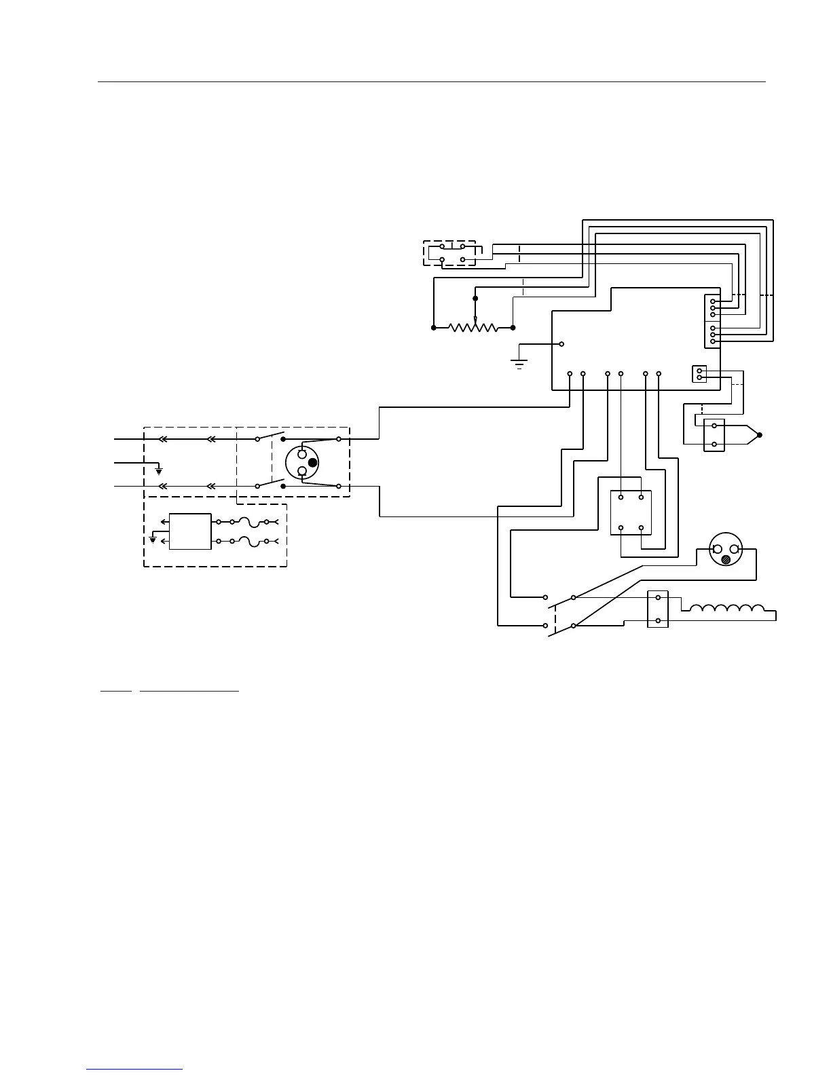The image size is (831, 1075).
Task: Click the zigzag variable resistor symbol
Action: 474,328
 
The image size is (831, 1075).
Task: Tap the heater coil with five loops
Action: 726,607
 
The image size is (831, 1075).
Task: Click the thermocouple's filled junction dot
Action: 760,435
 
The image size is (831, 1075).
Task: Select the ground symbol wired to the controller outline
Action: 519,363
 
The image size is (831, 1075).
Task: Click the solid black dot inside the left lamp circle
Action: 313,463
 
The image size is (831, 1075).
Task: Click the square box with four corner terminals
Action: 631,512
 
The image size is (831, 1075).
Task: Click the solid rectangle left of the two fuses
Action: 190,531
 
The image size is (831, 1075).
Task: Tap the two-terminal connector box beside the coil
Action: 658,609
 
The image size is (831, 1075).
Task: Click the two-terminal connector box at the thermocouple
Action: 714,435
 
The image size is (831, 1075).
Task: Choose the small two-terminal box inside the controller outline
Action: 699,374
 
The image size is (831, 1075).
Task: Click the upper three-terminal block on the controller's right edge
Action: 712,308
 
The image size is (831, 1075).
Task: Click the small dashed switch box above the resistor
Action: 449,252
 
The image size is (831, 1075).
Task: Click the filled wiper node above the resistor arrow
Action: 475,298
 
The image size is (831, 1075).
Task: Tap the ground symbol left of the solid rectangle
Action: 153,540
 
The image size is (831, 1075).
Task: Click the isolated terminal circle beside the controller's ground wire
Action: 561,343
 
